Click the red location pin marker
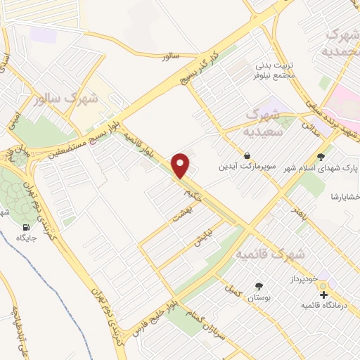(181, 165)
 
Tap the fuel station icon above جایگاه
(27, 227)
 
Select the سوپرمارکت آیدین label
(247, 167)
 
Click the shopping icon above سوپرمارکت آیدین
(247, 155)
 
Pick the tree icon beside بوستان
(257, 285)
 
